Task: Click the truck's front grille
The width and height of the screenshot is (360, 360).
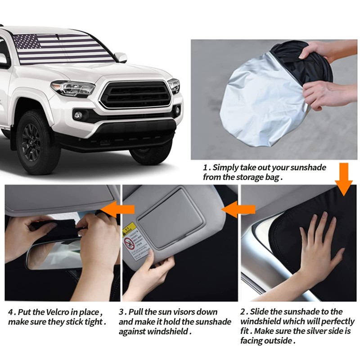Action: click(135, 94)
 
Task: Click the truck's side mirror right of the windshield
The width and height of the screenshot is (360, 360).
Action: click(121, 57)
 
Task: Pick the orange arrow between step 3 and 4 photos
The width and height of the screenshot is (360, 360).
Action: click(118, 208)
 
